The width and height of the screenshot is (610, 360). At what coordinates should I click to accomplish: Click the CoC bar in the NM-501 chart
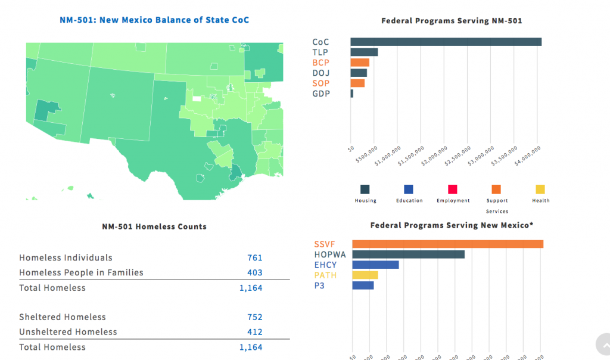[446, 42]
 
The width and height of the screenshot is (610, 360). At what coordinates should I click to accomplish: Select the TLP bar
[364, 52]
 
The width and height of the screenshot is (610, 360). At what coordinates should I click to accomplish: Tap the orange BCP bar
[360, 63]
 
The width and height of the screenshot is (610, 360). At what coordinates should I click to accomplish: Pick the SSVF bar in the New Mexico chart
[447, 244]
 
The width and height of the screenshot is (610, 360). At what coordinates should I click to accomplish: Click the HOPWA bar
[408, 255]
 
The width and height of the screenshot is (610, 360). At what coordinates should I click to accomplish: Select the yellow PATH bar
[365, 275]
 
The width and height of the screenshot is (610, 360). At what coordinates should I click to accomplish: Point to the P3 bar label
[320, 285]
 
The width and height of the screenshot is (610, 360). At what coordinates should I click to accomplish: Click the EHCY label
[325, 265]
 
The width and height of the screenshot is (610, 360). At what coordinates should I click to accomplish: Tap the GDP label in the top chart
[321, 94]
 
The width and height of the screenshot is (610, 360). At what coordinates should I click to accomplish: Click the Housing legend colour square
[365, 189]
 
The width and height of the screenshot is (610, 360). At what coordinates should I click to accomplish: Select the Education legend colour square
[409, 189]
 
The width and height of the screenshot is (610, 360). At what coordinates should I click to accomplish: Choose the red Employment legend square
[453, 189]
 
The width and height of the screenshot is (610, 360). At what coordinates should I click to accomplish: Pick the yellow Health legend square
[540, 189]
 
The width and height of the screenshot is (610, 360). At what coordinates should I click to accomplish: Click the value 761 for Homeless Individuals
[254, 258]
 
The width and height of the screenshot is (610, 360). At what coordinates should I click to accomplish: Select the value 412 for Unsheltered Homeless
[254, 332]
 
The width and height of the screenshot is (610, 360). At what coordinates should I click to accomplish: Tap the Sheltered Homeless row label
[63, 317]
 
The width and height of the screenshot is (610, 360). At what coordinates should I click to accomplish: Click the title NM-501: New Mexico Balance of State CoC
[154, 20]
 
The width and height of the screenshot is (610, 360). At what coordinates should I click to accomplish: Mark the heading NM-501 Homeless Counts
[154, 227]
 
